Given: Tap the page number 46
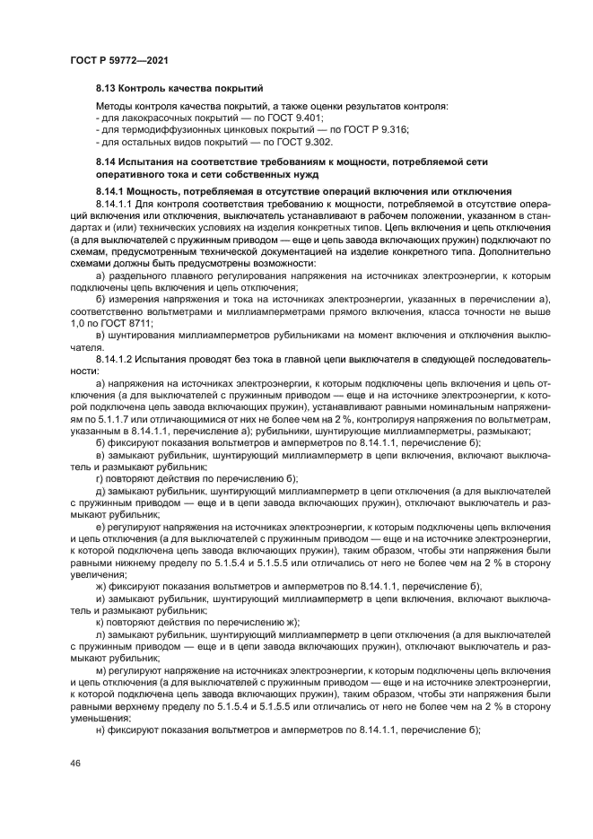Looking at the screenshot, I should tap(75, 762).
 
